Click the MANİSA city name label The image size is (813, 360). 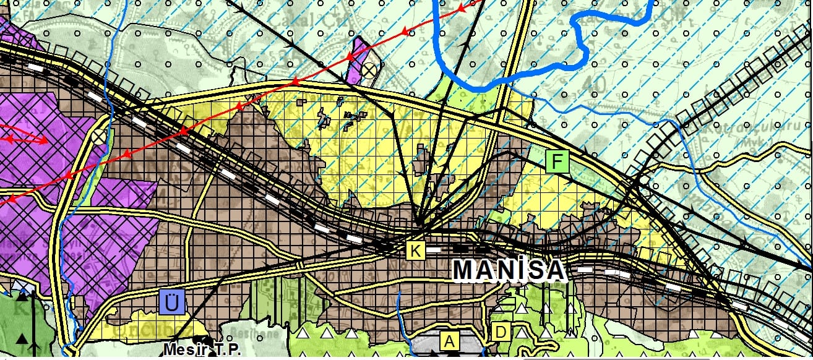[x=509, y=270]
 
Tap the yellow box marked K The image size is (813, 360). [x=416, y=251]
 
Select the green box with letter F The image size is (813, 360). [x=558, y=162]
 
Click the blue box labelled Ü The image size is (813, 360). [x=171, y=302]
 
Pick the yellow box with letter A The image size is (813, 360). [x=449, y=340]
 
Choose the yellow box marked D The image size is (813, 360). [x=501, y=333]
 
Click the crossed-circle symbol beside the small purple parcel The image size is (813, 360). [x=369, y=70]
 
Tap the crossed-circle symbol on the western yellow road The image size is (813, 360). [x=98, y=136]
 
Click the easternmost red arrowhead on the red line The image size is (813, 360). [x=461, y=9]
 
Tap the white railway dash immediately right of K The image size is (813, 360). [x=435, y=250]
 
